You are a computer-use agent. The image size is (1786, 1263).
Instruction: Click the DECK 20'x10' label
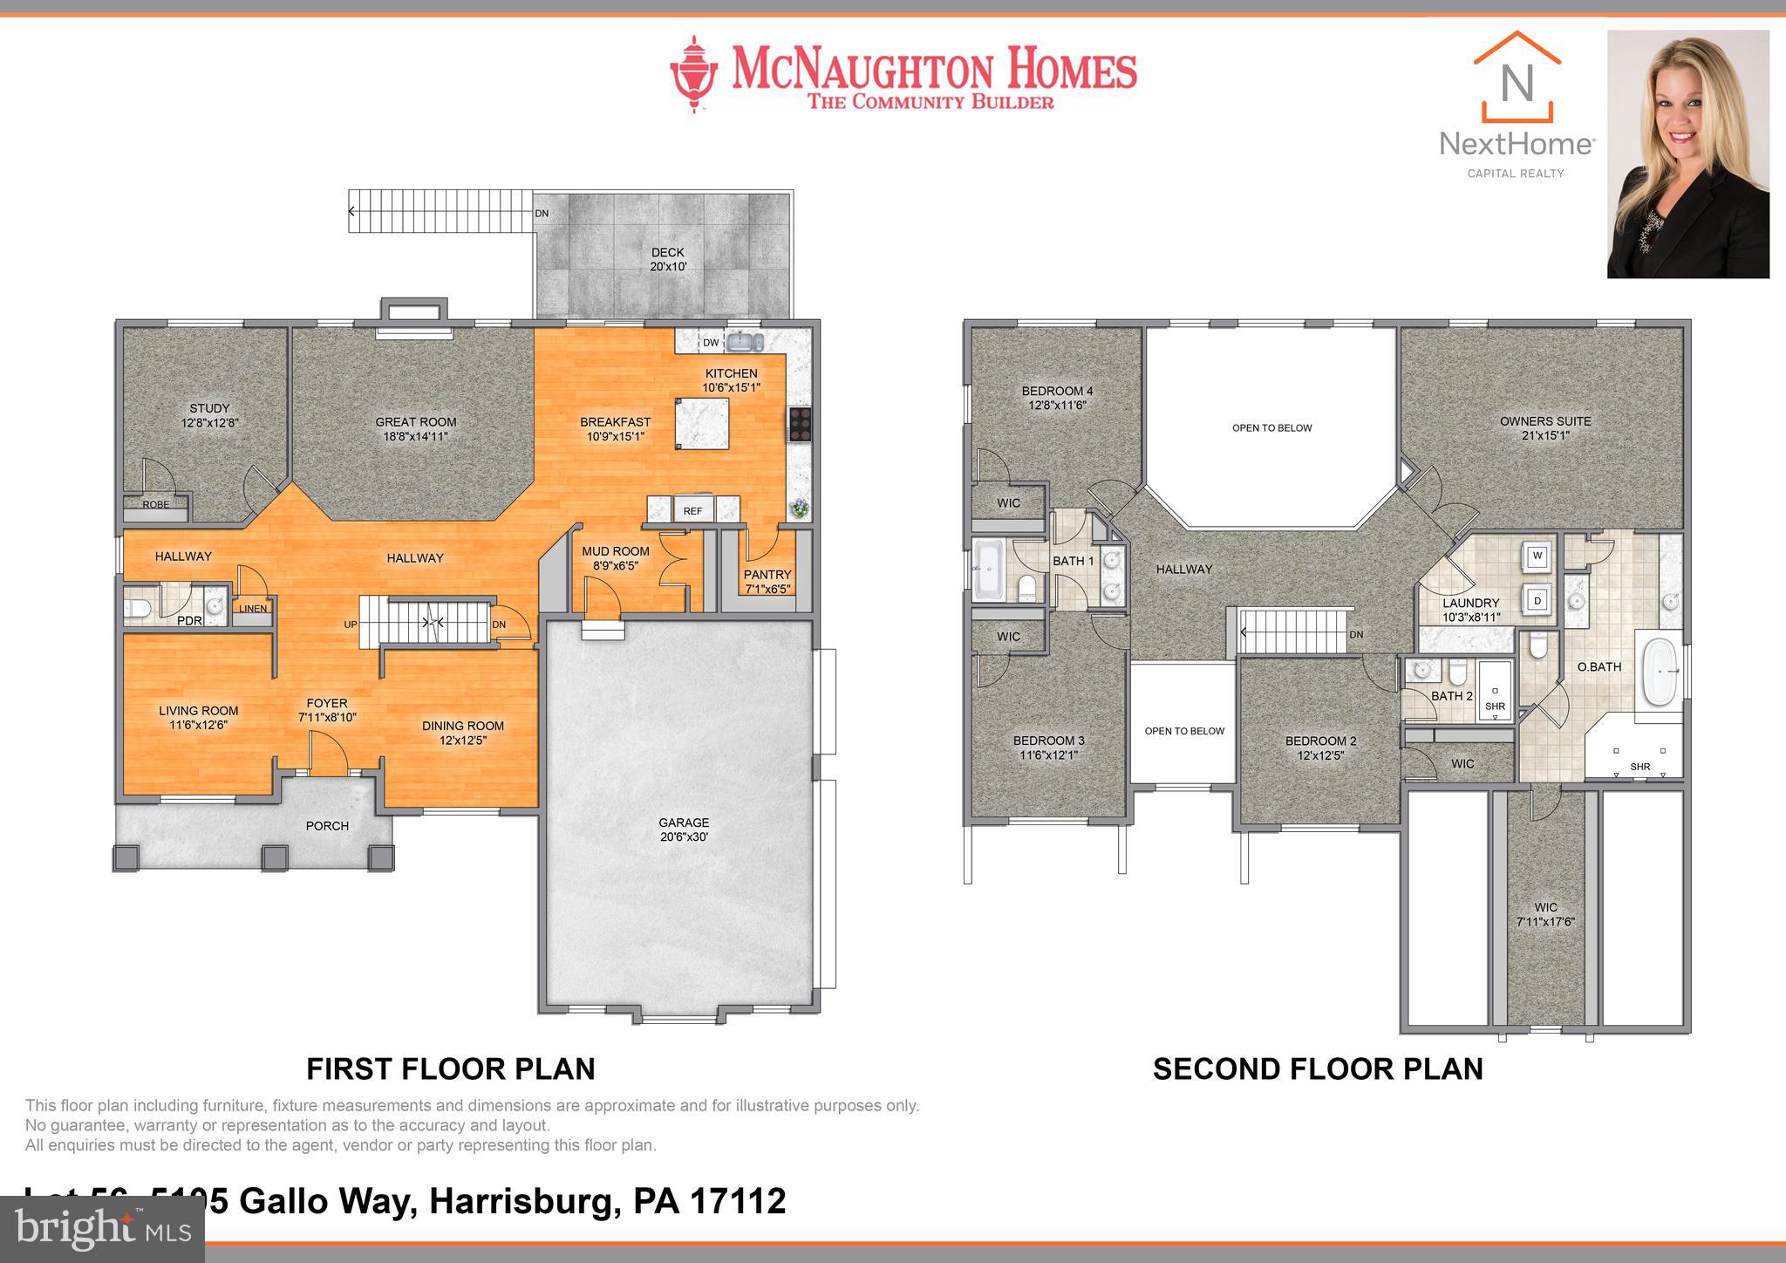[667, 259]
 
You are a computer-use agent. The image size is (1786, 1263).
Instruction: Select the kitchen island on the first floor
[702, 423]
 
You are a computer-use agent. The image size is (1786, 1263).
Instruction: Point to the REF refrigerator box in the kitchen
[692, 510]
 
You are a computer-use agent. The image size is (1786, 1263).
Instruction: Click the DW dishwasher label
[711, 343]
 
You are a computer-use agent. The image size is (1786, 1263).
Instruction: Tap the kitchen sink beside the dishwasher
[746, 341]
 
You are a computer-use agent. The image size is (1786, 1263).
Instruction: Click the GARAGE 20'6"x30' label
[684, 829]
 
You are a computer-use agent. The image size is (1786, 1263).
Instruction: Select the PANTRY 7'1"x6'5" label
[767, 581]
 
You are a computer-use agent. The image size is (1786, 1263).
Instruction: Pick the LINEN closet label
[252, 609]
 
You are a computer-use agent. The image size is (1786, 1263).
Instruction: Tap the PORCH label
[327, 825]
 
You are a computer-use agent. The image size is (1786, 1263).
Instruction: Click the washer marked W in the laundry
[1537, 556]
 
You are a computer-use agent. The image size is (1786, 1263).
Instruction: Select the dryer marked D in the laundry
[1537, 601]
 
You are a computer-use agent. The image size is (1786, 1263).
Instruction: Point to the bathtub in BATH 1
[989, 569]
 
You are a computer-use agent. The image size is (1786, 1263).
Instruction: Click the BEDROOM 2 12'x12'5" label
[1320, 748]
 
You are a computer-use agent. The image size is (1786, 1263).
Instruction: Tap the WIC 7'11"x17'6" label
[1545, 914]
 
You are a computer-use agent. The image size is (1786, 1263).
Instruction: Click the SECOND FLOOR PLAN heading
[1318, 1068]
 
